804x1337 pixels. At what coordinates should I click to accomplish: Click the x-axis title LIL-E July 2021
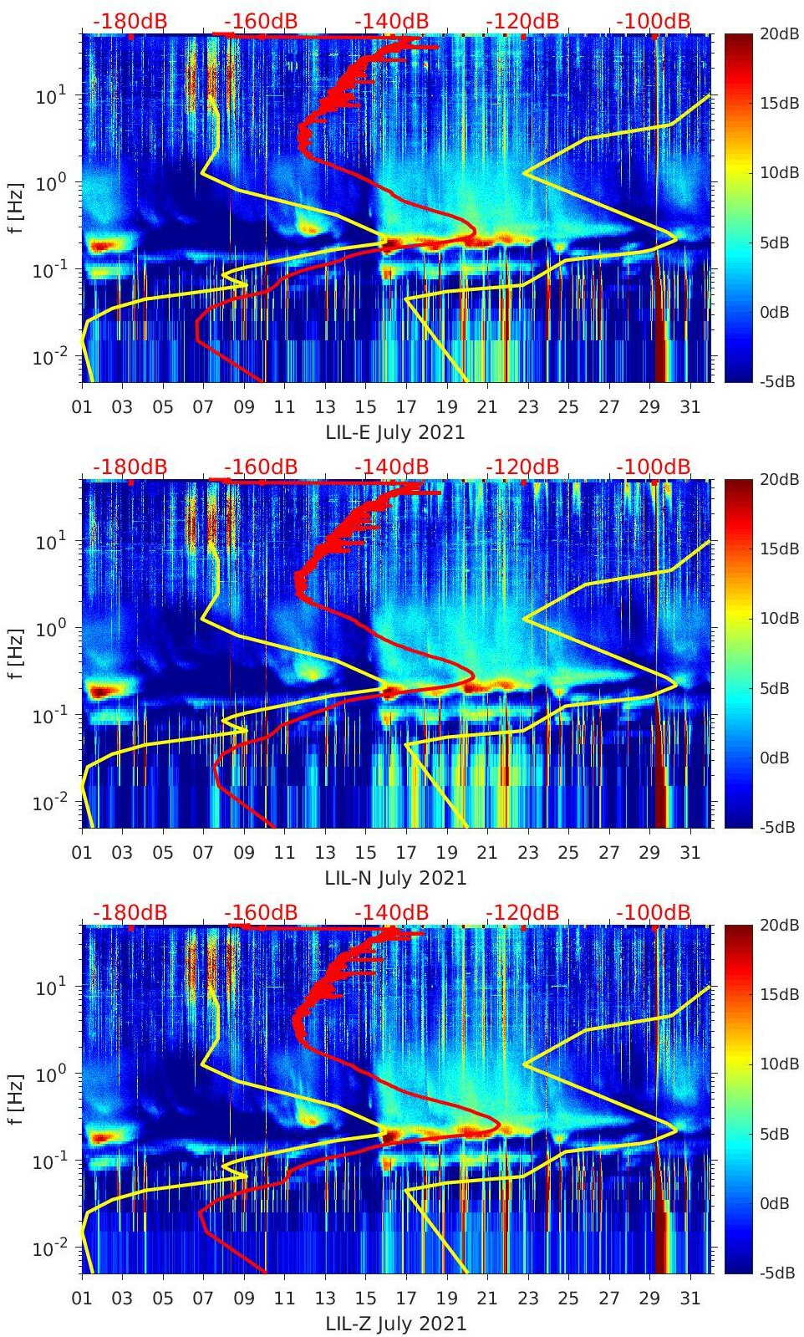tap(394, 432)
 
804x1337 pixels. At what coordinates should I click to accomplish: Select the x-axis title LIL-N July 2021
tap(394, 878)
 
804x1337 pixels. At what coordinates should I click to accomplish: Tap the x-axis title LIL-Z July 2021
tap(394, 1324)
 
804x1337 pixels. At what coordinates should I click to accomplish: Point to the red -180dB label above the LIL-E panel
tap(130, 21)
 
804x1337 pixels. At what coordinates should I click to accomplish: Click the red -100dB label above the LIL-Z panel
tap(654, 912)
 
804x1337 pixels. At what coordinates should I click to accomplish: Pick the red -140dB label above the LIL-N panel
tap(391, 467)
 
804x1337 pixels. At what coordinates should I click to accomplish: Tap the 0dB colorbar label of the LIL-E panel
tap(775, 312)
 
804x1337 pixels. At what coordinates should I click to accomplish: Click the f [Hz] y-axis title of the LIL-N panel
tap(14, 653)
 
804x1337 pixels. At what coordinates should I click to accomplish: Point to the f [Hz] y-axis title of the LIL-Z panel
tap(14, 1099)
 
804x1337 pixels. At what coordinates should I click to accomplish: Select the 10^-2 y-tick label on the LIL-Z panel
tap(53, 1248)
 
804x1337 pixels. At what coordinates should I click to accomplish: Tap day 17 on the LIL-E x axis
tap(406, 407)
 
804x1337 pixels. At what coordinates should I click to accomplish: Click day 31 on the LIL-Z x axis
tap(690, 1299)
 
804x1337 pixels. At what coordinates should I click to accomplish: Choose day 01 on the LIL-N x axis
tap(82, 853)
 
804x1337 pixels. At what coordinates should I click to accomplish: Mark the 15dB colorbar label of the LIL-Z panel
tap(780, 994)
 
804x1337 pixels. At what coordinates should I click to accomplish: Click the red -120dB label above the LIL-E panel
tap(522, 21)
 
